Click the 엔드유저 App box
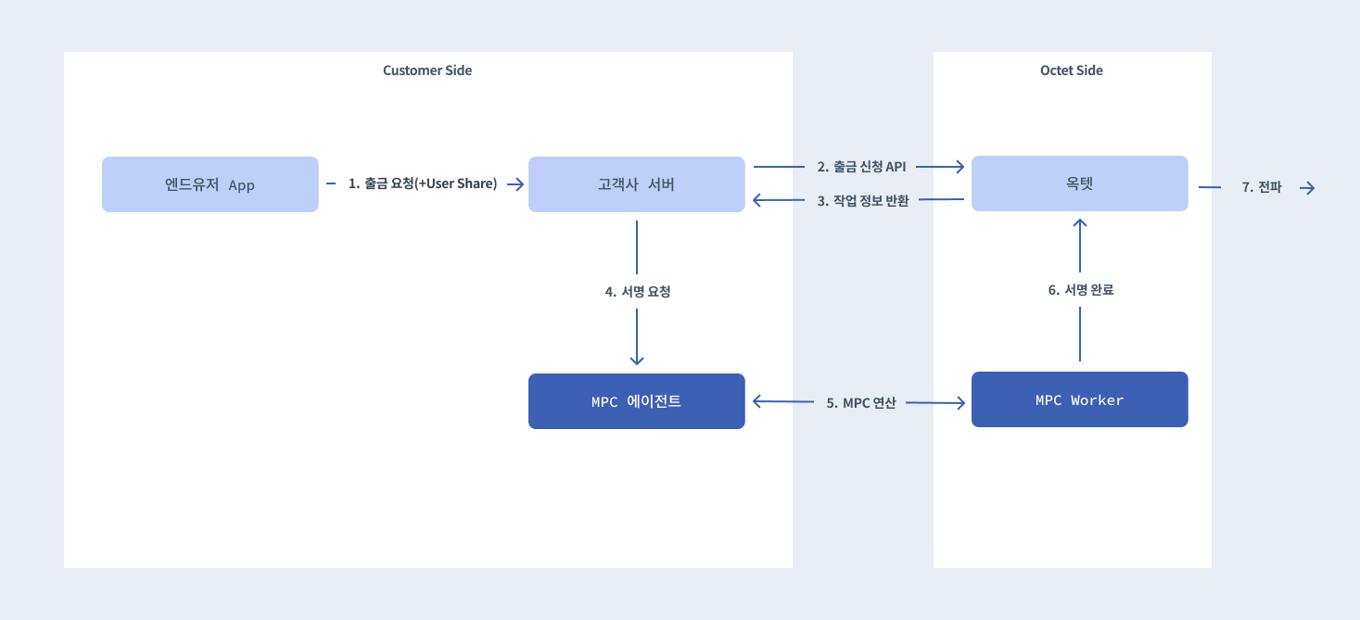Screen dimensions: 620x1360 (210, 184)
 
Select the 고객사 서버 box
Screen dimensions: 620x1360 (636, 184)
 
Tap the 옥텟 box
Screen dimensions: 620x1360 (1079, 183)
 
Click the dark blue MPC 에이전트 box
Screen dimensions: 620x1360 (636, 401)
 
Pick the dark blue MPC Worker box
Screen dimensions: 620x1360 (1079, 399)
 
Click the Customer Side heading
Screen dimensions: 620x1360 (427, 70)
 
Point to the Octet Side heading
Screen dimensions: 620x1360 (1072, 70)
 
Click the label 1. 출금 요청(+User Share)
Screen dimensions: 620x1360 (423, 183)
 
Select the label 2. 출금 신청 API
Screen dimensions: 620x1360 (861, 167)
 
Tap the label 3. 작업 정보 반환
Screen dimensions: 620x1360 (862, 200)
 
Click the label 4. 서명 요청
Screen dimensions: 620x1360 (637, 291)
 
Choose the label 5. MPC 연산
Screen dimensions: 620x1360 (861, 403)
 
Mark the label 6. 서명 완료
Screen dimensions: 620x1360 (1080, 290)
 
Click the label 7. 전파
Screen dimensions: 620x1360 (1261, 187)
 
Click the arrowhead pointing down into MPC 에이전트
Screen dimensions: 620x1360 (637, 360)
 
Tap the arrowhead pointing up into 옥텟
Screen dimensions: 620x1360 (1080, 224)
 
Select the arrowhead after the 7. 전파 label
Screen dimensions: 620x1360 (1308, 188)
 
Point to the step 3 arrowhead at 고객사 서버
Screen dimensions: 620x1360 (758, 200)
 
